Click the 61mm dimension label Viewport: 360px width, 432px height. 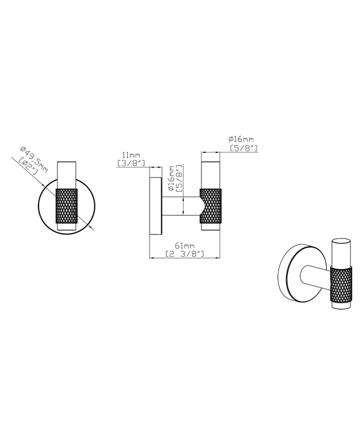[x=185, y=246]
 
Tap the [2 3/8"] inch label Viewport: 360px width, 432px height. [x=185, y=254]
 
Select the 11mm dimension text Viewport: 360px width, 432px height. [x=131, y=155]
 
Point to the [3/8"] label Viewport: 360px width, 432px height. [x=131, y=163]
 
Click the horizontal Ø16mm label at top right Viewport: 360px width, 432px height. [x=241, y=140]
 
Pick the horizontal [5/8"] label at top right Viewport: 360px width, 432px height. [x=244, y=148]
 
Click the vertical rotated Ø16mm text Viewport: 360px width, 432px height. [x=171, y=179]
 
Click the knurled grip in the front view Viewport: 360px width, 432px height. [x=66, y=206]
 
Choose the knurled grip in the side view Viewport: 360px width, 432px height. [x=211, y=206]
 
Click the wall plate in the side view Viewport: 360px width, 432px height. [x=155, y=206]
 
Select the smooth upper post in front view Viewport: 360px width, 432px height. [x=66, y=175]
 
